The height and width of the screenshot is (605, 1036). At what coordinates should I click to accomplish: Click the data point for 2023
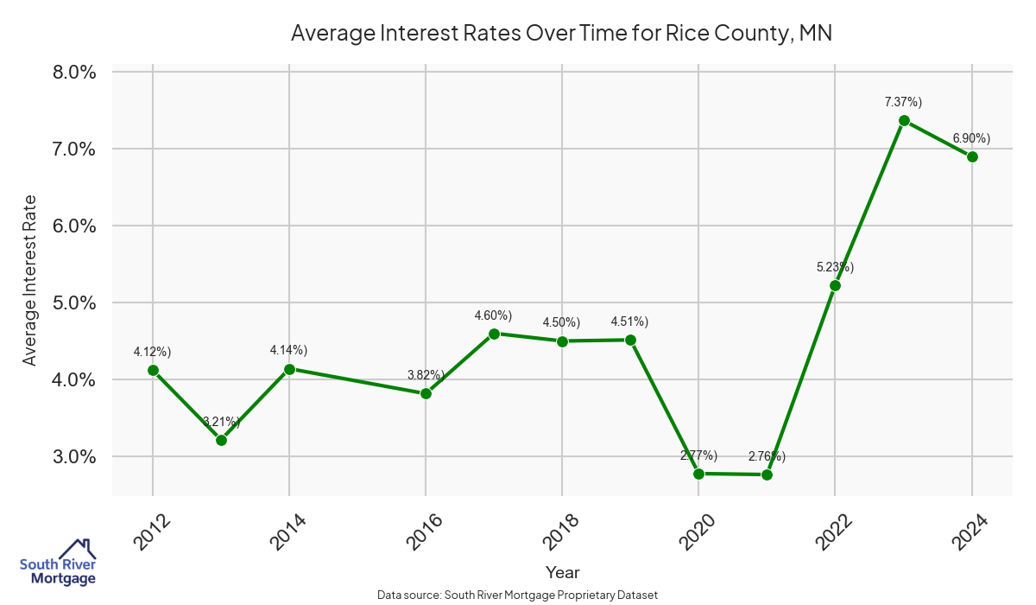pyautogui.click(x=904, y=121)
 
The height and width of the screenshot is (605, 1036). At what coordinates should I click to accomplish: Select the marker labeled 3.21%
pyautogui.click(x=221, y=440)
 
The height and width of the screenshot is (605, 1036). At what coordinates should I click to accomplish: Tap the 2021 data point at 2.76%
pyautogui.click(x=767, y=474)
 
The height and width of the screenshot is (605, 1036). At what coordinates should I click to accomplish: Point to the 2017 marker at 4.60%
pyautogui.click(x=494, y=334)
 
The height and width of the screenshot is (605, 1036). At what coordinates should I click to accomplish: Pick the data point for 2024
pyautogui.click(x=972, y=156)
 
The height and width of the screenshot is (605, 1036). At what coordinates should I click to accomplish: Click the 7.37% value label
pyautogui.click(x=903, y=102)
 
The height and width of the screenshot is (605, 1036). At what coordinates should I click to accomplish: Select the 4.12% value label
pyautogui.click(x=152, y=352)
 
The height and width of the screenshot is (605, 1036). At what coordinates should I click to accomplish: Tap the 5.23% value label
pyautogui.click(x=835, y=267)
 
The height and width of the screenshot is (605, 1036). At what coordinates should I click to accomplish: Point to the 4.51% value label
pyautogui.click(x=629, y=322)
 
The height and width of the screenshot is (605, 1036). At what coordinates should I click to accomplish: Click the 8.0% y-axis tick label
pyautogui.click(x=74, y=72)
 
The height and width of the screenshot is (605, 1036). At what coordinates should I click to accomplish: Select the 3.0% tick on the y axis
pyautogui.click(x=74, y=456)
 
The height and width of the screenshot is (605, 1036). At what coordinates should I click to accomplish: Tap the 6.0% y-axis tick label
pyautogui.click(x=74, y=226)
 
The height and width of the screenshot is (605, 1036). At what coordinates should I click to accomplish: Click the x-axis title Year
pyautogui.click(x=562, y=572)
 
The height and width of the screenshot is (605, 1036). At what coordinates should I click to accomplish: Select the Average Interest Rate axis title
pyautogui.click(x=30, y=280)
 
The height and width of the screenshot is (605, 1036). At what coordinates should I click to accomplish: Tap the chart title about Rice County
pyautogui.click(x=561, y=33)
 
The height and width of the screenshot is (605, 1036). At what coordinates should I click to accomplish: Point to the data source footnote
pyautogui.click(x=518, y=595)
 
